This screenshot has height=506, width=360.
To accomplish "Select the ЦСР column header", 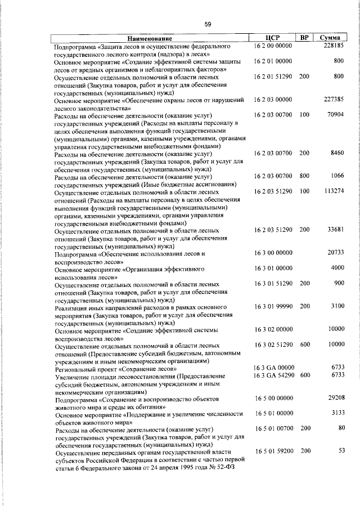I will [272, 38].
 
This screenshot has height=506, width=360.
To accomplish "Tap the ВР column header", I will [304, 38].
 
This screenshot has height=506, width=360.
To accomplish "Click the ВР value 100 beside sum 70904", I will [304, 115].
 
